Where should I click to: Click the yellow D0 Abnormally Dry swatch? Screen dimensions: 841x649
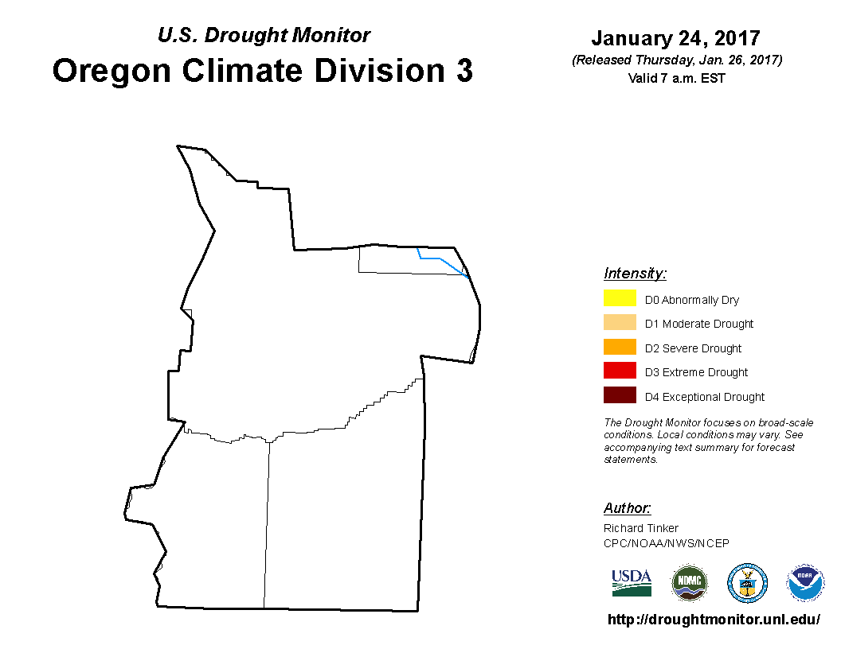click(x=620, y=297)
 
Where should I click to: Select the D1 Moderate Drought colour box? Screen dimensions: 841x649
click(x=620, y=322)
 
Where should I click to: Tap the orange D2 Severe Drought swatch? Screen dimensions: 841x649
click(x=620, y=347)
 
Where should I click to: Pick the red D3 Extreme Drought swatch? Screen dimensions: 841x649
click(x=620, y=371)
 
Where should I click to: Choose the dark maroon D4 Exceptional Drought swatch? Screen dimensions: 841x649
click(x=620, y=395)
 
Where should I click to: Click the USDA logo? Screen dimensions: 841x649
click(x=632, y=583)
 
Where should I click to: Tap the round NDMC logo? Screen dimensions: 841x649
click(x=689, y=583)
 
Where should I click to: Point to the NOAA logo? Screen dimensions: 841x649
click(x=805, y=583)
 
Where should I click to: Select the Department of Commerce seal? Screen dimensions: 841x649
click(x=747, y=583)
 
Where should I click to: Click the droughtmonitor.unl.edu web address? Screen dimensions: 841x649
click(x=714, y=620)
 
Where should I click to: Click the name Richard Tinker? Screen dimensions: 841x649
click(x=641, y=528)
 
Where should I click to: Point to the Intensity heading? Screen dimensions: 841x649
click(x=635, y=274)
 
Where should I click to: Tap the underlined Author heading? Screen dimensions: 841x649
click(x=627, y=507)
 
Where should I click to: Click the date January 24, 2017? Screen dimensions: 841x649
click(x=676, y=38)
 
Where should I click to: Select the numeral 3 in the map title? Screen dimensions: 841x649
click(x=464, y=71)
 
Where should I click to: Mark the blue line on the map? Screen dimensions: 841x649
click(x=440, y=258)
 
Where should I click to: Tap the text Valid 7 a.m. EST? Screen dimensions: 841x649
click(x=676, y=78)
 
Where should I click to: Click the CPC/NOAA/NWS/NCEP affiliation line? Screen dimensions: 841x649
click(x=666, y=543)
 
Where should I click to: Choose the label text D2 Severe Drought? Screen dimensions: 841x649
click(x=693, y=348)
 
